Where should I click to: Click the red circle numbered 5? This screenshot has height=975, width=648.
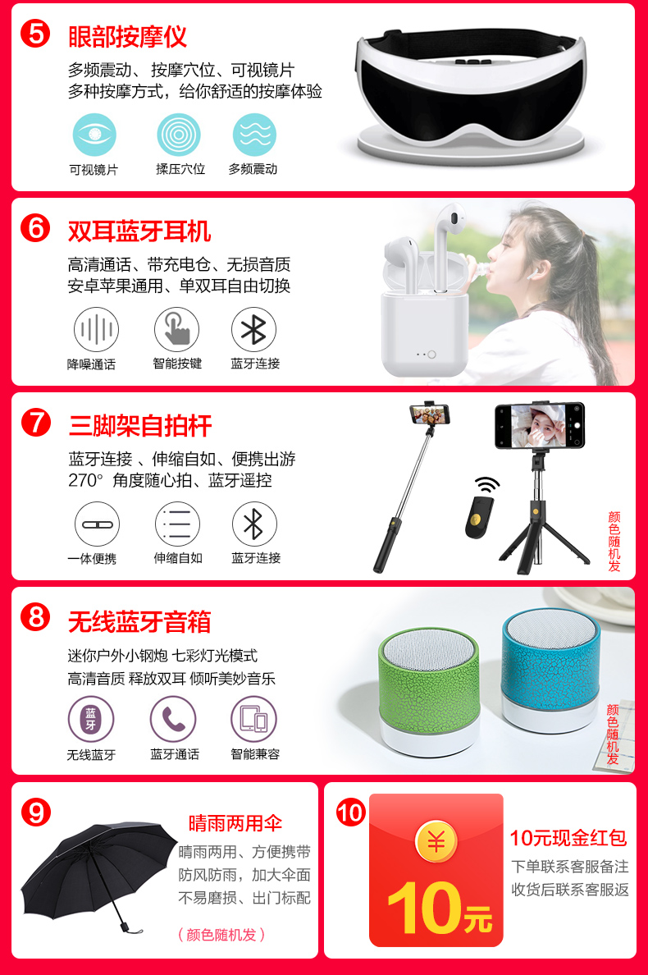pos(35,34)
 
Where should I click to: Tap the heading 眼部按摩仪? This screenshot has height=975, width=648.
pos(127,37)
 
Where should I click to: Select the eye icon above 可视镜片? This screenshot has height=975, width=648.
pos(94,135)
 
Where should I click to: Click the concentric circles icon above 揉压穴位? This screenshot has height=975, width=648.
pos(178,135)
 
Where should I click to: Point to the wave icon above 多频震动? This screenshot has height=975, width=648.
pos(254,135)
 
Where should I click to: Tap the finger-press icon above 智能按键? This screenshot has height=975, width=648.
pos(177,330)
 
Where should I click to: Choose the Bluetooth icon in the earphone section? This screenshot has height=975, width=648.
pos(253,330)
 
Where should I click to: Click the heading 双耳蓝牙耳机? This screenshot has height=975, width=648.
pos(139,231)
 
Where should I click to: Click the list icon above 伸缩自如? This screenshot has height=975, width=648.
pos(177,524)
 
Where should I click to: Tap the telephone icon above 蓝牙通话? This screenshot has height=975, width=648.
pos(173,720)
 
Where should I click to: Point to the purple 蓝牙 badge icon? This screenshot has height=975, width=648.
pos(91,720)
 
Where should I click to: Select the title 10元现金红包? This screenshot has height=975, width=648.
pos(568,838)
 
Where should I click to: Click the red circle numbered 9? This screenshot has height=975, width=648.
pos(35,812)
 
